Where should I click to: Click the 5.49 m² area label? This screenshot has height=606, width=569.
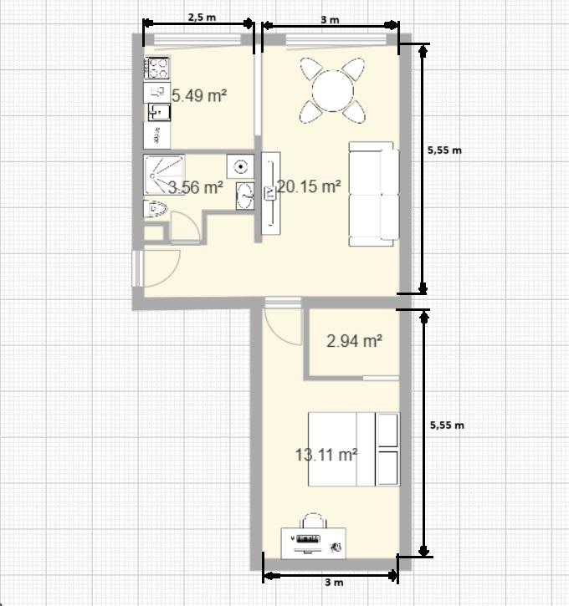pos(199,95)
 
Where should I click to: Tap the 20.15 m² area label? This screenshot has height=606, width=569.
pos(309,186)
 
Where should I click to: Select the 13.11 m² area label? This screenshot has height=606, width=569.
pos(326,455)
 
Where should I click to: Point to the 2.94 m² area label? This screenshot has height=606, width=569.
pos(354,341)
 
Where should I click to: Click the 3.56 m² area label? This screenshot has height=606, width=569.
pos(196,187)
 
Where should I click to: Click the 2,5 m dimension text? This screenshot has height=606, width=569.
pos(202,17)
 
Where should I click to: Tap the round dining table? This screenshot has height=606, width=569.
pos(333,91)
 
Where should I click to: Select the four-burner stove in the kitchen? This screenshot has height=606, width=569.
pos(157,68)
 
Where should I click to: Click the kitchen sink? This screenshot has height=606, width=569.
pos(159,112)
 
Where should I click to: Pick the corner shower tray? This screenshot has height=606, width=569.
pos(164,175)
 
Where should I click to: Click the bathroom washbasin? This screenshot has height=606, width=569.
pos(245,196)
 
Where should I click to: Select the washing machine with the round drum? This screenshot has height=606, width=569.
pos(241,166)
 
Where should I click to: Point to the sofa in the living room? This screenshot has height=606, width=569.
pos(374,194)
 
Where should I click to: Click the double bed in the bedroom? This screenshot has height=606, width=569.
pos(354,449)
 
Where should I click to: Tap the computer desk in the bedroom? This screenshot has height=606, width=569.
pos(313,543)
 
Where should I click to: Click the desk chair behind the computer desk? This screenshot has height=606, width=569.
pos(314,520)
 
